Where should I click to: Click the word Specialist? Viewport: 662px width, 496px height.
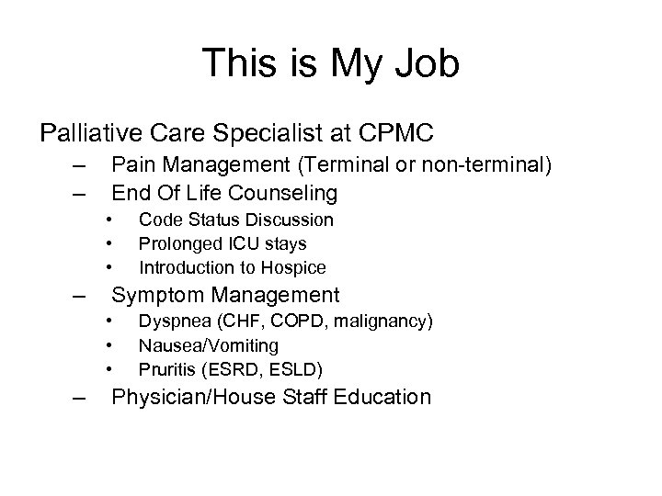(x=263, y=133)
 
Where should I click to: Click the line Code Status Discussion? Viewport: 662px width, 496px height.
(x=235, y=220)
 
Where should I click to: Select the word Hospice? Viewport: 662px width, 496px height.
(x=295, y=268)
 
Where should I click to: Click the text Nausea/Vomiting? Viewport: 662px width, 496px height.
(x=208, y=345)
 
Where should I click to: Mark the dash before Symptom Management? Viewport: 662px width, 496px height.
(x=84, y=296)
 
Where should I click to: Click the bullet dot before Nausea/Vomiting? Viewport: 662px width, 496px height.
(x=109, y=345)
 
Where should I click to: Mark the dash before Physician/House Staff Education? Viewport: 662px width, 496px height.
(x=84, y=398)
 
